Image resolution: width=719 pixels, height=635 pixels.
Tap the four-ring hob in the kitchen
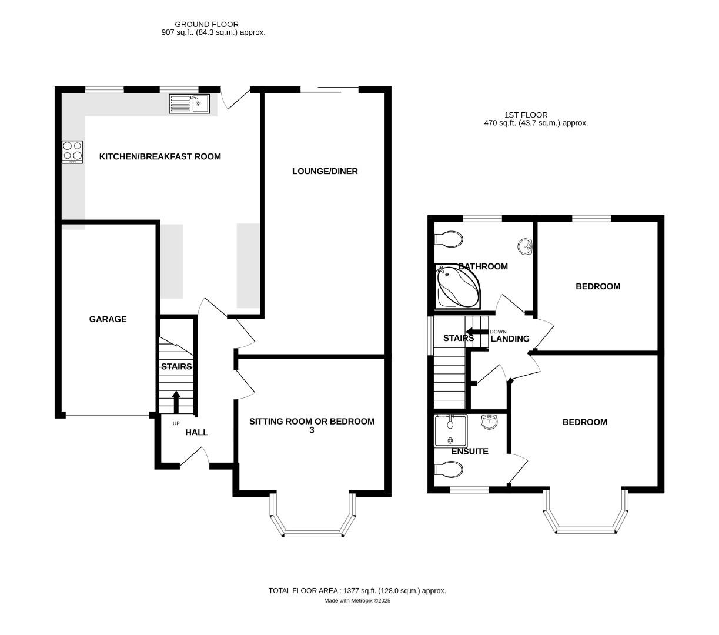pyautogui.click(x=73, y=152)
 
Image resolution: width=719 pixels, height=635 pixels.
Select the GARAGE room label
pyautogui.click(x=108, y=319)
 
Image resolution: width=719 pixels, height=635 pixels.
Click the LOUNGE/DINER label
pyautogui.click(x=325, y=171)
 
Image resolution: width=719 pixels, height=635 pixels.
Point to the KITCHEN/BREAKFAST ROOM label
pyautogui.click(x=160, y=156)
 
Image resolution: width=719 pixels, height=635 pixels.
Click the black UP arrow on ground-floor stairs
pyautogui.click(x=176, y=403)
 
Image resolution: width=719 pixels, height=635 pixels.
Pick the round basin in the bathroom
pyautogui.click(x=525, y=247)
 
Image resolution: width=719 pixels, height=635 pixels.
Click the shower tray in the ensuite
pyautogui.click(x=450, y=431)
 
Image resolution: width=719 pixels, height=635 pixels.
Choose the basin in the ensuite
pyautogui.click(x=489, y=421)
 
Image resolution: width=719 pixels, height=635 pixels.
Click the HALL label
pyautogui.click(x=196, y=432)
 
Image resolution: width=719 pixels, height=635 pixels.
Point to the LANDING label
pyautogui.click(x=510, y=339)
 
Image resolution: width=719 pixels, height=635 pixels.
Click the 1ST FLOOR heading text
pyautogui.click(x=526, y=115)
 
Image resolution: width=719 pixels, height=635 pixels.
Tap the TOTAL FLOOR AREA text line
pyautogui.click(x=357, y=590)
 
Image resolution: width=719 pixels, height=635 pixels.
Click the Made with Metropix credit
pyautogui.click(x=357, y=601)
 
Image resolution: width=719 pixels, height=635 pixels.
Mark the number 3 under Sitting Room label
pyautogui.click(x=312, y=430)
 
